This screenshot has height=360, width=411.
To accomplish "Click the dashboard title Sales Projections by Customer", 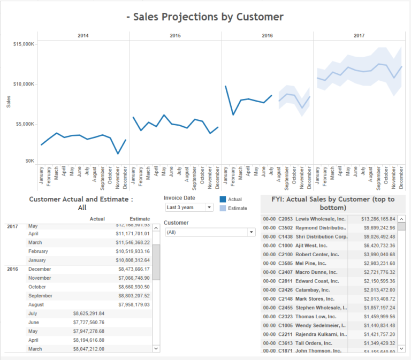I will tap(205, 17).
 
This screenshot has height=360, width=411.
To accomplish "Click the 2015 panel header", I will tap(176, 36).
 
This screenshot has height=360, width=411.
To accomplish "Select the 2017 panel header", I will tap(359, 36).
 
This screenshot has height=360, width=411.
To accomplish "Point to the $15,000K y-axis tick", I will tap(24, 44).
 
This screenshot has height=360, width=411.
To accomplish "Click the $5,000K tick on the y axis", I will tap(25, 124).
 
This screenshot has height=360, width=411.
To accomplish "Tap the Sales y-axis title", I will tap(9, 102).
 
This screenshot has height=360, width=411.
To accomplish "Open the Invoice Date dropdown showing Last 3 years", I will tap(189, 207).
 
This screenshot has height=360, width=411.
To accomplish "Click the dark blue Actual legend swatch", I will tap(222, 200).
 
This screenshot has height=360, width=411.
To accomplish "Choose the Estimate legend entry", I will tap(237, 208).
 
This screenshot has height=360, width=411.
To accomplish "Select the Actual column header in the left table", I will tap(97, 219).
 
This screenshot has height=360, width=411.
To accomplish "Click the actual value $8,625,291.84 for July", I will tap(89, 313).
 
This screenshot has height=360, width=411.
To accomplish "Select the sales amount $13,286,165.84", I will tap(378, 219).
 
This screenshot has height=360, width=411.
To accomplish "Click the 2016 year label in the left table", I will tap(13, 269).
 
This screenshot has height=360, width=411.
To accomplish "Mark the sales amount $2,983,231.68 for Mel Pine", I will tap(378, 263).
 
